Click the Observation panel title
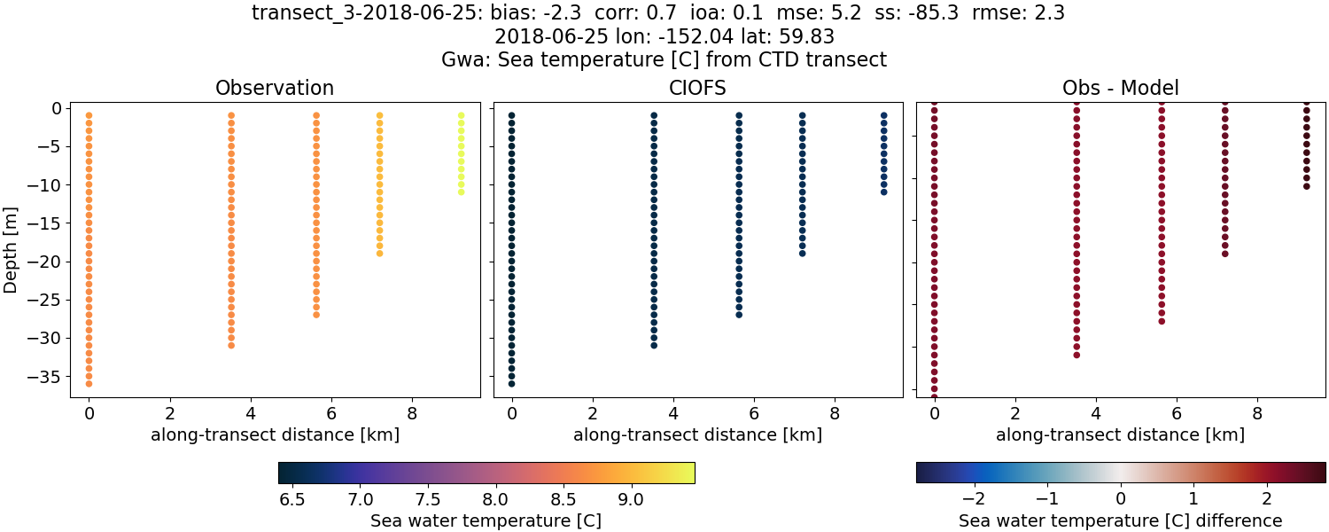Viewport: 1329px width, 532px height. point(275,89)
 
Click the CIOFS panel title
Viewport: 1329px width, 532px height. point(697,89)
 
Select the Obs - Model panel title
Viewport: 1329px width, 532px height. point(1120,89)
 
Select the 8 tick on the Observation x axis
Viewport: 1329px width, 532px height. point(412,412)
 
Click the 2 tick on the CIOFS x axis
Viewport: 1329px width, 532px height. point(593,412)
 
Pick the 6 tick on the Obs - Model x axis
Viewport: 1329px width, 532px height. point(1177,412)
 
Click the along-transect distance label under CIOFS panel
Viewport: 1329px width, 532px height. point(697,435)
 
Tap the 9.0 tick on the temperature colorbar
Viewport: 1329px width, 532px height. point(631,500)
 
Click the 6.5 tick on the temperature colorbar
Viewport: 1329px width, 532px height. point(292,500)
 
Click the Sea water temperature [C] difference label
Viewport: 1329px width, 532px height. point(1120,521)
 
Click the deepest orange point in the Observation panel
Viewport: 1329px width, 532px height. point(89,383)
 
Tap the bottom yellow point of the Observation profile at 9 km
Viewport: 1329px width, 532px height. point(461,192)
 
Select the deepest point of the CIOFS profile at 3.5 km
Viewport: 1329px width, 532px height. point(654,345)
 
